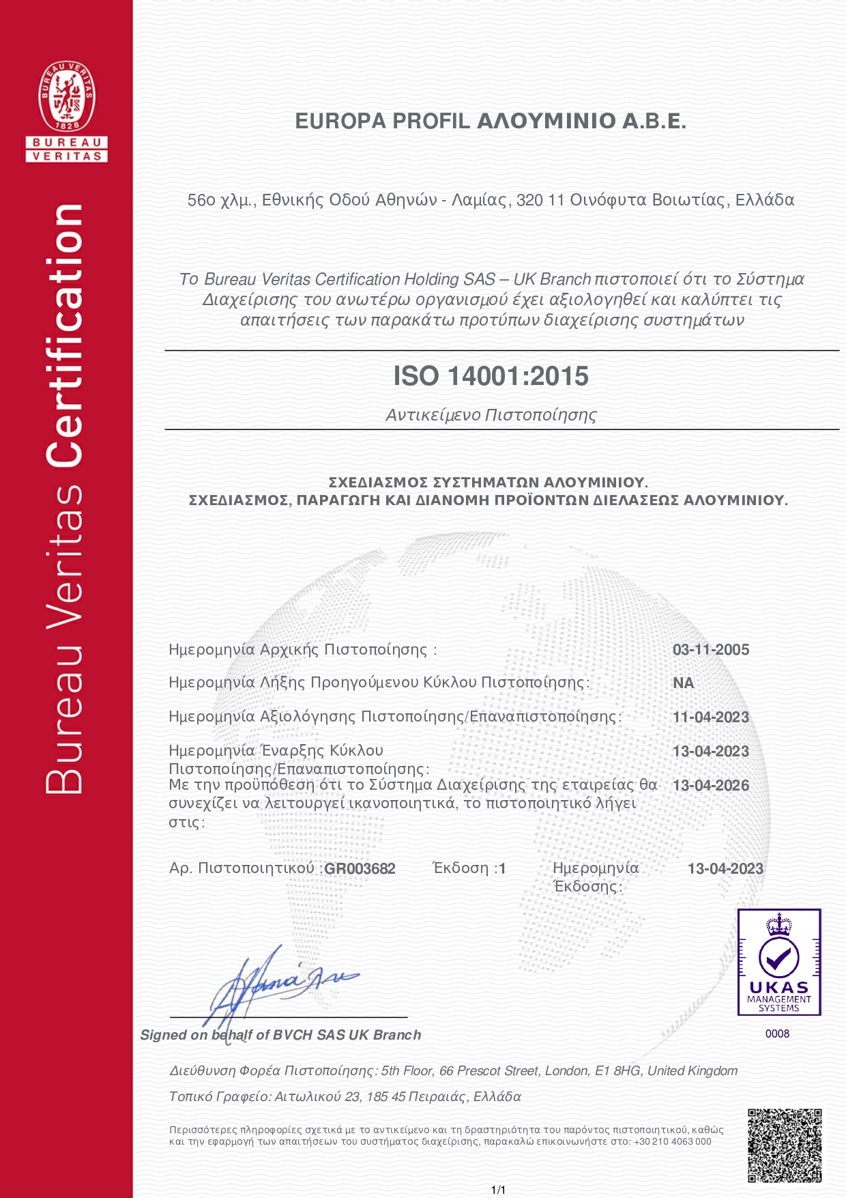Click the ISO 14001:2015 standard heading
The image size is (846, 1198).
(x=491, y=376)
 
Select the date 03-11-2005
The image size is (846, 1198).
(x=711, y=650)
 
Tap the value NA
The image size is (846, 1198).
(x=683, y=683)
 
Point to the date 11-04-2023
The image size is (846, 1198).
(x=711, y=717)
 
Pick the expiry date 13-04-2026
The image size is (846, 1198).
(x=711, y=786)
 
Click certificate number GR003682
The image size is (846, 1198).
(x=360, y=869)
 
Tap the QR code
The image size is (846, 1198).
(x=785, y=1146)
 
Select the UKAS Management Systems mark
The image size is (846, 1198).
(x=778, y=962)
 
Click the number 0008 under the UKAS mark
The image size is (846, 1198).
(x=777, y=1033)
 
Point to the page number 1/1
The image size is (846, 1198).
(x=498, y=1190)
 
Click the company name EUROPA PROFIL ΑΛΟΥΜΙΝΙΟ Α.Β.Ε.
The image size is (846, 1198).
(x=491, y=122)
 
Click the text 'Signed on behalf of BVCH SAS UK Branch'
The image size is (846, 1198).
(x=280, y=1035)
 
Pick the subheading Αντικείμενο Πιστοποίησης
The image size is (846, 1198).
(x=491, y=415)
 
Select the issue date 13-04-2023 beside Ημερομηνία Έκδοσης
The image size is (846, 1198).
(x=725, y=869)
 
